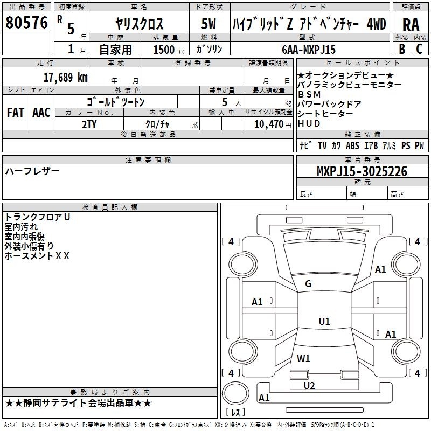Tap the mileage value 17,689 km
coord(66,77)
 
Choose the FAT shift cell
coord(16,112)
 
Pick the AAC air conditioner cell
coord(41,112)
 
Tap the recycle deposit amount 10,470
coord(268,123)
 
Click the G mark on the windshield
coord(308,284)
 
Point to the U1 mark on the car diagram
coord(324,321)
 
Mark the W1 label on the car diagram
coord(303,358)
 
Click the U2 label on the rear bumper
coord(309,385)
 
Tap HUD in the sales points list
coord(309,123)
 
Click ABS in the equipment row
coord(352,145)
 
